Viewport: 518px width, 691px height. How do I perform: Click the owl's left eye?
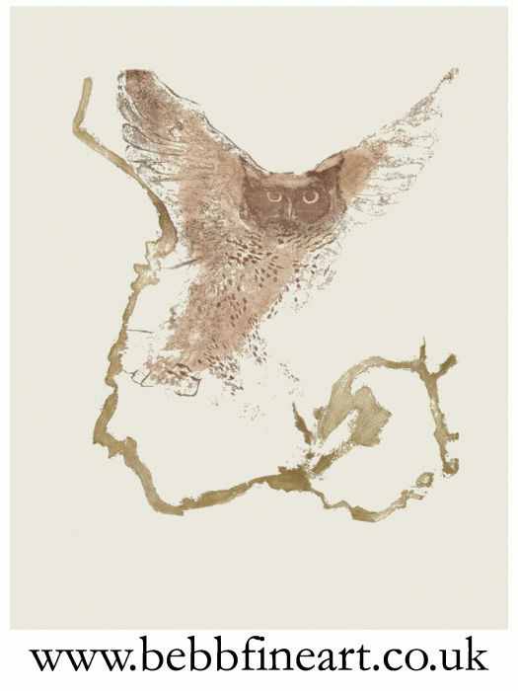274,196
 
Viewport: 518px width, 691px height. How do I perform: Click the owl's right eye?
311,195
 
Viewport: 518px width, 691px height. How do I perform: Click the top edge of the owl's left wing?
158,79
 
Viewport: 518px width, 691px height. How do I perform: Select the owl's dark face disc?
292,202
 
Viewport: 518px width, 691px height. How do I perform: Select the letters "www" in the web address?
73,654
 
